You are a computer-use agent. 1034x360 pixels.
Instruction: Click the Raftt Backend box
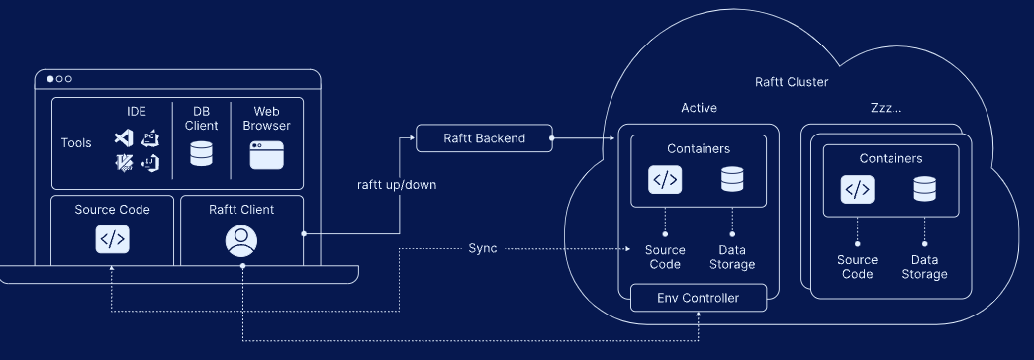tap(484, 138)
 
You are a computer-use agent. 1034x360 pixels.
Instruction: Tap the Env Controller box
tap(699, 298)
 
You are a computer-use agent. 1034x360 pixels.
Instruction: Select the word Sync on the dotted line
tap(483, 248)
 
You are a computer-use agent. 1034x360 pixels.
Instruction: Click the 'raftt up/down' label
tap(397, 185)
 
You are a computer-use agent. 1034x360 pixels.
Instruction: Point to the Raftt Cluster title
tap(792, 82)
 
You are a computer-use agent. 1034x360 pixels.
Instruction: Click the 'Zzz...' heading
tap(886, 108)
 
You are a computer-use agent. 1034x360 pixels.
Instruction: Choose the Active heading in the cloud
tap(699, 108)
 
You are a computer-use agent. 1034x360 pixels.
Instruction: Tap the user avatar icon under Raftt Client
tap(241, 241)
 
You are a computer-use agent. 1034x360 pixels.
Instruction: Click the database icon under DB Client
tap(201, 153)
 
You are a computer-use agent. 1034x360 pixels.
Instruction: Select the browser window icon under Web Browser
tap(266, 155)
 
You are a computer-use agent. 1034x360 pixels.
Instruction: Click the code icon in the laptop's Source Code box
tap(112, 239)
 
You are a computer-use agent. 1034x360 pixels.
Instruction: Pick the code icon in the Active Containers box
tap(665, 180)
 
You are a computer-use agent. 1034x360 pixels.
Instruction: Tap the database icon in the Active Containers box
tap(732, 179)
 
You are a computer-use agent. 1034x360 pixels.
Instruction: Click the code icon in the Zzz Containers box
tap(857, 190)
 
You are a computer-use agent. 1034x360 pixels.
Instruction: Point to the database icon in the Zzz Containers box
tap(924, 189)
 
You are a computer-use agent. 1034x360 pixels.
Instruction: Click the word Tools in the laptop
tap(76, 143)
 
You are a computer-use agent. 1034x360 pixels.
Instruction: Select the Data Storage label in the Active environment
tap(732, 257)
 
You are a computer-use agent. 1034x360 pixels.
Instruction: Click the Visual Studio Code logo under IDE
tap(124, 137)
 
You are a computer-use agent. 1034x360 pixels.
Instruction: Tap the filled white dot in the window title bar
tap(50, 79)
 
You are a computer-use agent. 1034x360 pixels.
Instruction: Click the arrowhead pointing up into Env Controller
tap(699, 315)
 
